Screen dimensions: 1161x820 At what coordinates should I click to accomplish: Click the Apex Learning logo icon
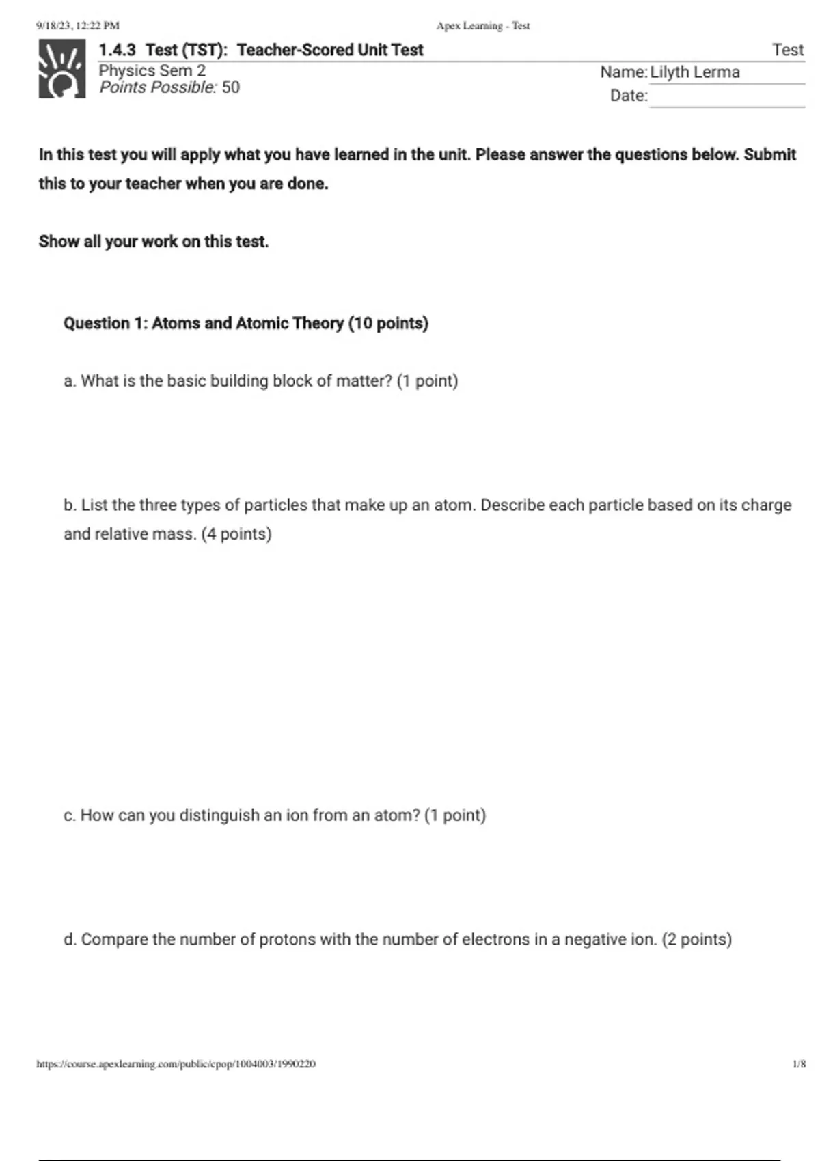tap(62, 69)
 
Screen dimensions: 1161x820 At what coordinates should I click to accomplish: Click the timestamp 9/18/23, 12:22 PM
tap(77, 26)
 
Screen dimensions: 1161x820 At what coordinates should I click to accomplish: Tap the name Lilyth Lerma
tap(695, 72)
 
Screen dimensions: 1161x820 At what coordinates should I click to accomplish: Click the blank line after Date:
tap(726, 97)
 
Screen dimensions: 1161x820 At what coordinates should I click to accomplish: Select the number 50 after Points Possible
tap(231, 87)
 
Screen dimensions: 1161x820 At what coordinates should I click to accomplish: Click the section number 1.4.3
tap(117, 50)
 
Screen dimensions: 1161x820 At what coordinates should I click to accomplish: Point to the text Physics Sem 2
tap(152, 70)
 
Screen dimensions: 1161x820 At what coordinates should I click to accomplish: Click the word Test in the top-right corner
tap(788, 50)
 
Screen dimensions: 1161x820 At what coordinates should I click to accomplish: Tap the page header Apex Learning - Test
tap(483, 26)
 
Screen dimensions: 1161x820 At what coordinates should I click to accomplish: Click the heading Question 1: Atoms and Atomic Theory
tap(245, 323)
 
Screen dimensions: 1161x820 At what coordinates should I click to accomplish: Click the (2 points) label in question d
tap(696, 940)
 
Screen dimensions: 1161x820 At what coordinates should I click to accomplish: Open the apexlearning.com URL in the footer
tap(176, 1064)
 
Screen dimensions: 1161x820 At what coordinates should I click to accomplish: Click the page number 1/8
tap(799, 1064)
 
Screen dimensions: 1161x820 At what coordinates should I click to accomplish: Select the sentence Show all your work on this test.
tap(154, 242)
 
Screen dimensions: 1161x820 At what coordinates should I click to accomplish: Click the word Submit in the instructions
tap(769, 155)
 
